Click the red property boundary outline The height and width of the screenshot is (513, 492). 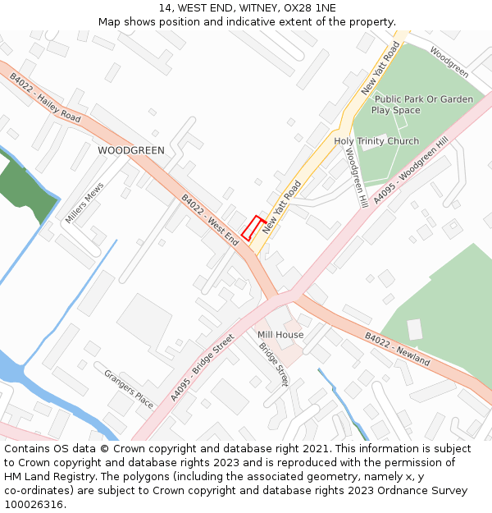click(x=253, y=227)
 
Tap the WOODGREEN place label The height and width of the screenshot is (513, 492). click(x=131, y=150)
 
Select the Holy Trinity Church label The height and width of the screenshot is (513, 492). click(x=376, y=141)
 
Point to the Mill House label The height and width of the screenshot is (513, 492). click(x=280, y=335)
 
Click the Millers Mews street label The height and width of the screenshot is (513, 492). click(x=84, y=203)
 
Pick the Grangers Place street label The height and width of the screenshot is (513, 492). click(x=129, y=388)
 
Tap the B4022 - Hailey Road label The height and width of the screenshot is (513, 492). click(x=45, y=98)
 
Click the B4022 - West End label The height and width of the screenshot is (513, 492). click(x=210, y=220)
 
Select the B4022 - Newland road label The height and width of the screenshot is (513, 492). click(x=397, y=348)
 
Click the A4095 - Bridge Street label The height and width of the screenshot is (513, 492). click(x=203, y=367)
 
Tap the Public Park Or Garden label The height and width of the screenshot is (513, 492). click(x=424, y=99)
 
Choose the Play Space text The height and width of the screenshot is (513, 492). click(x=395, y=110)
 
